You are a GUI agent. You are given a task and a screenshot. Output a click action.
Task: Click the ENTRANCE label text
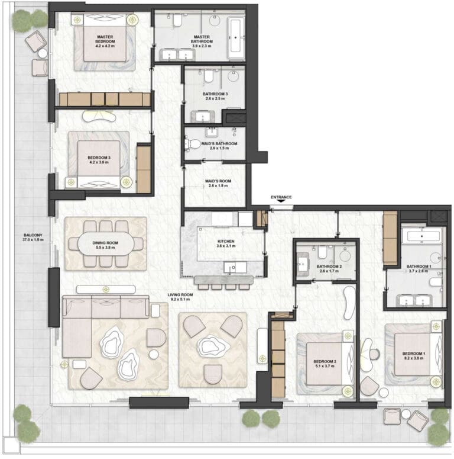[281, 197]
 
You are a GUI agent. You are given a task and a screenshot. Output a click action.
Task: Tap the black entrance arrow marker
[281, 201]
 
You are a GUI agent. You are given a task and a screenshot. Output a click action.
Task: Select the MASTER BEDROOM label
[105, 39]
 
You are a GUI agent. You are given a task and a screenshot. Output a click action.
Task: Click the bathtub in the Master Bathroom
[236, 38]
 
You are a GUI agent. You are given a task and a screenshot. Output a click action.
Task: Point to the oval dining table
[105, 245]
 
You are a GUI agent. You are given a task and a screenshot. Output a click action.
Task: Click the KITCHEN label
[226, 241]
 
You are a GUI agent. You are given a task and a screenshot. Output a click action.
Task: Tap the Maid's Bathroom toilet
[192, 144]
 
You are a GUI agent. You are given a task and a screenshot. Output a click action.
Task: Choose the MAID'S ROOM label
[218, 181]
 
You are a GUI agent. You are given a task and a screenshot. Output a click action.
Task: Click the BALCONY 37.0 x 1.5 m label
[33, 237]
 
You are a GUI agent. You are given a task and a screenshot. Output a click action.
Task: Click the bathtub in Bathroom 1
[422, 236]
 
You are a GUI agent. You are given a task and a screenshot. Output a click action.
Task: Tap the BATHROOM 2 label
[329, 267]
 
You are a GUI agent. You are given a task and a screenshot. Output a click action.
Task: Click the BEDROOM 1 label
[414, 354]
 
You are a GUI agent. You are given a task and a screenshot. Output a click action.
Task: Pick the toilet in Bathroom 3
[209, 76]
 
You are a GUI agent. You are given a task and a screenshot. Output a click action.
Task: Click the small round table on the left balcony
[43, 53]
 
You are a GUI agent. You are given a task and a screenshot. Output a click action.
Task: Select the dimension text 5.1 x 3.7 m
[325, 366]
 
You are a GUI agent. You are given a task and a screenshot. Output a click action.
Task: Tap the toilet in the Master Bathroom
[177, 20]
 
